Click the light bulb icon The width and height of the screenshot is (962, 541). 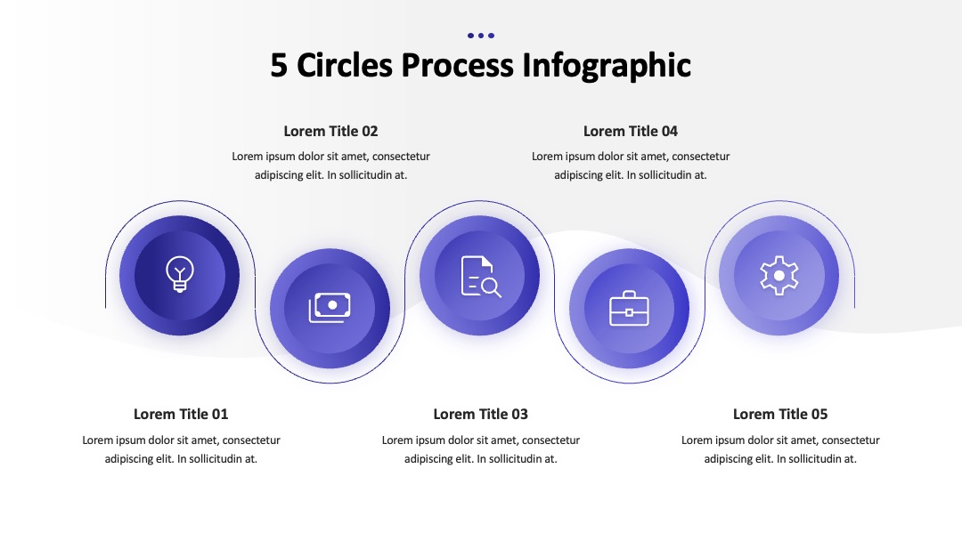[180, 274]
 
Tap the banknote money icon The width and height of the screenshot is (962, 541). [330, 308]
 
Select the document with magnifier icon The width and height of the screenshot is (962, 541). [481, 277]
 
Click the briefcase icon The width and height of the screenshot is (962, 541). [629, 309]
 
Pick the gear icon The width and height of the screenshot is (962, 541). [779, 276]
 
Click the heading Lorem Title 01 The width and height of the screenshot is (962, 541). [181, 414]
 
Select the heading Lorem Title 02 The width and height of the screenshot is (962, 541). [330, 131]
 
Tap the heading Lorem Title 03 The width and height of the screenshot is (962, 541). [480, 414]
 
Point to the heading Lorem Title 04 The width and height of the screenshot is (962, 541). [631, 131]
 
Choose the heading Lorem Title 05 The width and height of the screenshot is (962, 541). [780, 414]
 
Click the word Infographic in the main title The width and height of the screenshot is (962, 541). [607, 66]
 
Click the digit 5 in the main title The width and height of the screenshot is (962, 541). [279, 66]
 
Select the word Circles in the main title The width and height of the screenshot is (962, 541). [344, 65]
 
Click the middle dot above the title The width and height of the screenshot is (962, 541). [481, 36]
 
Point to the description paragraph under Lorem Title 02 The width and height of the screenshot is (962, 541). [330, 166]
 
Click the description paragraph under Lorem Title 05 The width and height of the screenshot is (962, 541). [780, 449]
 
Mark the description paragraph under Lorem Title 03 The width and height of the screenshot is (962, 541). [480, 449]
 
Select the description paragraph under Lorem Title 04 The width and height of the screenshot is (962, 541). [631, 166]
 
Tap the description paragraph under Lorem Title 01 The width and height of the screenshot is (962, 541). [181, 449]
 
